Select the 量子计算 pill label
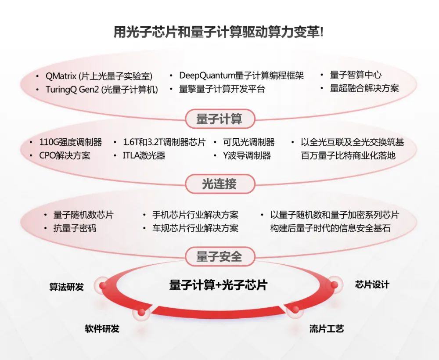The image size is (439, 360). [220, 119]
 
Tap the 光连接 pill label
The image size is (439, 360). [220, 184]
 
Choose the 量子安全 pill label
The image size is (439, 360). [220, 256]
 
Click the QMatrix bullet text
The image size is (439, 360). [99, 76]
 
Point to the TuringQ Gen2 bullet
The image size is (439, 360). [102, 90]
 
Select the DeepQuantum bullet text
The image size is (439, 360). [241, 76]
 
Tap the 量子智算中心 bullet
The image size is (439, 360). [356, 75]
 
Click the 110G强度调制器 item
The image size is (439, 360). [71, 142]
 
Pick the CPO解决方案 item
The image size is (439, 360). [65, 156]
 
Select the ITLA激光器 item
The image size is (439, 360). [144, 156]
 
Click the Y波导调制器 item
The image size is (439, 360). [247, 156]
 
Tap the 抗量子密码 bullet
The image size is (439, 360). [75, 228]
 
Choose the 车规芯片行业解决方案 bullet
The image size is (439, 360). [195, 228]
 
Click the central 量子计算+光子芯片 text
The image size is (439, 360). [218, 285]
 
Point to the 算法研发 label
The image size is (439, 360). [67, 287]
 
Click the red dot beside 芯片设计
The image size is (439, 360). [334, 285]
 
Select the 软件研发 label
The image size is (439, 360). [102, 328]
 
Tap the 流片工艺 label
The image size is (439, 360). [327, 328]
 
